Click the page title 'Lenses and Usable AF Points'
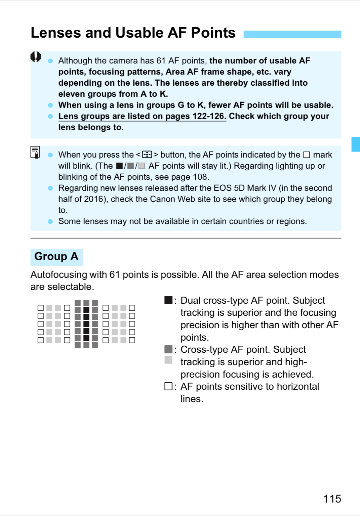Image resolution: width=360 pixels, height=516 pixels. pos(133,33)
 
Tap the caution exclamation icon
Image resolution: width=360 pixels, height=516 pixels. pos(36,57)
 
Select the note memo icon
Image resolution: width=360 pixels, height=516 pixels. pos(35,152)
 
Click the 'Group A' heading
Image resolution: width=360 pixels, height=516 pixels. pos(56,257)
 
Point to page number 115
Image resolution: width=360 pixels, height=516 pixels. pos(332,499)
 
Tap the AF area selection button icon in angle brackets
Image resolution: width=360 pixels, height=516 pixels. pos(147,155)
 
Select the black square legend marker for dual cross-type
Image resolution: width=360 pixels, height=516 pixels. pos(168,300)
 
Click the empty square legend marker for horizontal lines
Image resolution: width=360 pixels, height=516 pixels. pos(168,386)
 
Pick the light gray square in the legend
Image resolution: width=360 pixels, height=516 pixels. pos(168,360)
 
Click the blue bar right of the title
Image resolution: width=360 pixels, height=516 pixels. pos(292,34)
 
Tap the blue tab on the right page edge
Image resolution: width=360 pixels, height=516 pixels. pos(356,144)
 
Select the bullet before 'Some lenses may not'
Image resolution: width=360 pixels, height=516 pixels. pos(50,221)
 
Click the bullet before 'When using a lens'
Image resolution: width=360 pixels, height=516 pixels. pos(50,105)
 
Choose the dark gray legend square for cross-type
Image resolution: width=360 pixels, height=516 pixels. pos(168,349)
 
